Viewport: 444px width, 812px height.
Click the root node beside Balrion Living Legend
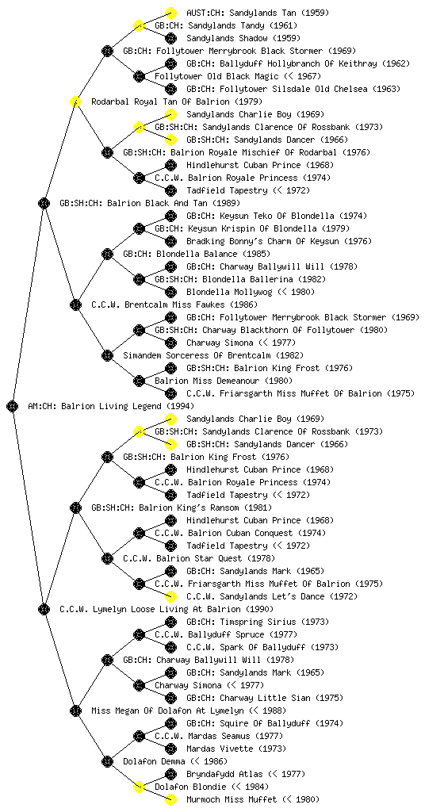pos(13,406)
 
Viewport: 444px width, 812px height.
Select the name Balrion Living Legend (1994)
pos(128,407)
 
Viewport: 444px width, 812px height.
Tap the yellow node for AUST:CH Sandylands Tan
pos(170,13)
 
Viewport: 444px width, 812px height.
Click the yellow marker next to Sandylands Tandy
pos(139,25)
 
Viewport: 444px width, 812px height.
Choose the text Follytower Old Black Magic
pos(216,77)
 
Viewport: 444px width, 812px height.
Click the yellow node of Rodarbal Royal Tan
pos(75,101)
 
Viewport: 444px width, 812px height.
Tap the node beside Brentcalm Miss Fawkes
pos(75,304)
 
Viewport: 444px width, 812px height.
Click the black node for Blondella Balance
pos(107,254)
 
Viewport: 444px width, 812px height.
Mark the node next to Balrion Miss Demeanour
pos(139,381)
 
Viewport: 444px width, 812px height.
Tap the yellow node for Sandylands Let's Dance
pos(170,596)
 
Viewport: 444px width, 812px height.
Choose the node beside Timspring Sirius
pos(170,622)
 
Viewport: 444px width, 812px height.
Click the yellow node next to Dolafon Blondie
pos(139,787)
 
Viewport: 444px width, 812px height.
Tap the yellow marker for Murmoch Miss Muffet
pos(170,799)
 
